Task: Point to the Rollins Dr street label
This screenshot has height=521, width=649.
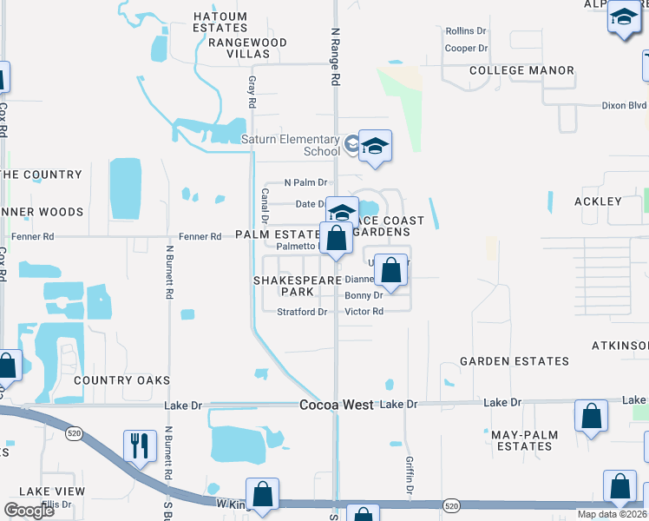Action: (x=467, y=31)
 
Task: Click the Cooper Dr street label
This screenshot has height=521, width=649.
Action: (x=467, y=49)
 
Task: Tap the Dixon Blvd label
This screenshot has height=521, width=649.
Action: (x=625, y=105)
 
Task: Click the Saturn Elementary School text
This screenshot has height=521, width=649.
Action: (x=290, y=145)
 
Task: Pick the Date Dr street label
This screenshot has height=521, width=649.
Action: (x=311, y=204)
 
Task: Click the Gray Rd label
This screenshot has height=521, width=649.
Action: (x=252, y=90)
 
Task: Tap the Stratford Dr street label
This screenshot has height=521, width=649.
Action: (x=301, y=312)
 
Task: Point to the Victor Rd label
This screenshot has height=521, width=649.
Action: (x=364, y=312)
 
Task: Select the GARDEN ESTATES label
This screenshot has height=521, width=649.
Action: (x=515, y=361)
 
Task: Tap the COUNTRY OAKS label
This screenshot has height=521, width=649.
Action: (x=121, y=380)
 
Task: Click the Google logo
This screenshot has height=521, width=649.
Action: (x=29, y=511)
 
